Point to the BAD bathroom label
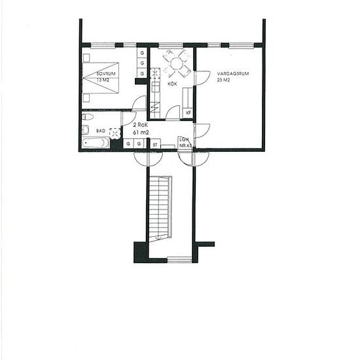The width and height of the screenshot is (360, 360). [100, 131]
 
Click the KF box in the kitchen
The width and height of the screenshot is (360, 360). [189, 113]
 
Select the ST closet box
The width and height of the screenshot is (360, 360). [156, 145]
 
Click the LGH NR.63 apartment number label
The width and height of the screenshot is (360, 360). [185, 142]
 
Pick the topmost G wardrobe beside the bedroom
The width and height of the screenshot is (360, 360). [141, 52]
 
